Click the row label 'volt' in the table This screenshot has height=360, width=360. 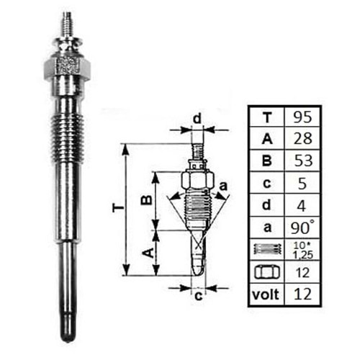click(x=266, y=294)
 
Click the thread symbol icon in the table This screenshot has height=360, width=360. click(x=266, y=250)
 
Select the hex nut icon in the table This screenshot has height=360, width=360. click(x=266, y=272)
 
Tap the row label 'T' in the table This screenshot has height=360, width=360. click(x=266, y=117)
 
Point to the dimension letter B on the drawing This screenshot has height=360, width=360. click(x=145, y=199)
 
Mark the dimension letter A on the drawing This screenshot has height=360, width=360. click(x=145, y=252)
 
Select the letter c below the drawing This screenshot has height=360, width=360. click(x=197, y=294)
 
